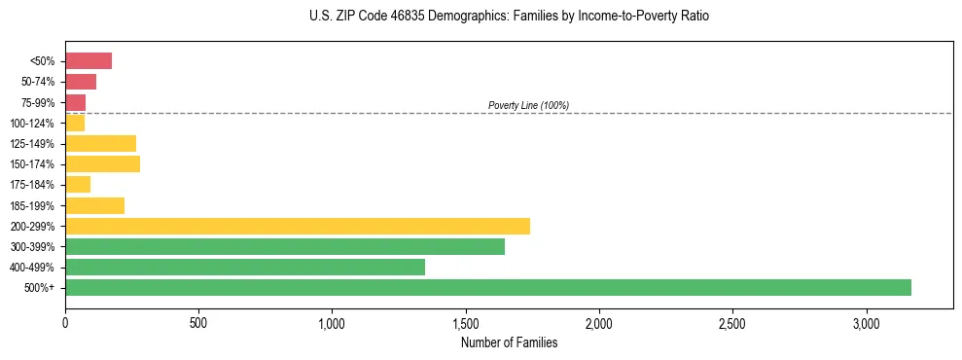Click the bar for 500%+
[487, 287]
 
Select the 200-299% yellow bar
[297, 226]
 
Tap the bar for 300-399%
[284, 246]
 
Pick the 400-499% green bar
[244, 267]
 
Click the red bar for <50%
[89, 61]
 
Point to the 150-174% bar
[102, 163]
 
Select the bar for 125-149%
[100, 143]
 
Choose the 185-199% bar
[94, 205]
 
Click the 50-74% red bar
[81, 82]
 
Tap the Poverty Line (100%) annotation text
[528, 105]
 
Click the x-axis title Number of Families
[509, 342]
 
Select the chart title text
[510, 17]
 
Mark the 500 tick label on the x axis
[198, 323]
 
